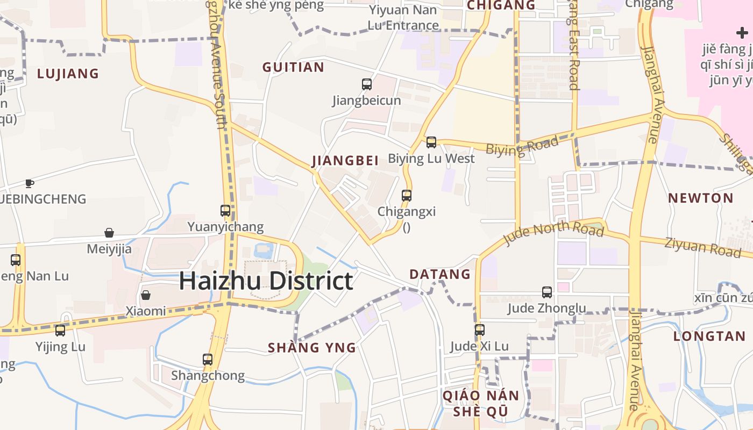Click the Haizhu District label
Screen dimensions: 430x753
266,281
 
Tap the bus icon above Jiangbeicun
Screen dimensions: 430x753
367,84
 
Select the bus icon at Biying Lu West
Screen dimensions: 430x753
431,142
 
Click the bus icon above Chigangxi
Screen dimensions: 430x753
407,196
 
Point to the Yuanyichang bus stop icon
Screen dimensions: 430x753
225,211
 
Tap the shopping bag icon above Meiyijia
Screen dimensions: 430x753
109,233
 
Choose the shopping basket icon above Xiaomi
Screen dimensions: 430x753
145,295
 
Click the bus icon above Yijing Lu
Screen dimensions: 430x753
60,331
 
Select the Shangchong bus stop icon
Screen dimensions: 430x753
208,360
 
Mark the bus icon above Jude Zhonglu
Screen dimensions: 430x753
547,292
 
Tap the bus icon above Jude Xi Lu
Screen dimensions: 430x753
479,330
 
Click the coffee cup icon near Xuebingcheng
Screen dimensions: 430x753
30,183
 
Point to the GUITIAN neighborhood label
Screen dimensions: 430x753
293,67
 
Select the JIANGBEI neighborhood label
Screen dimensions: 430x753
345,160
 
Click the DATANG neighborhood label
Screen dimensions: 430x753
440,274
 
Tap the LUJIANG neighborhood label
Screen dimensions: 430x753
68,73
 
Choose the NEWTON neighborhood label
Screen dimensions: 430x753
700,198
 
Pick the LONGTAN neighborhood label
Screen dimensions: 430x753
709,336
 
